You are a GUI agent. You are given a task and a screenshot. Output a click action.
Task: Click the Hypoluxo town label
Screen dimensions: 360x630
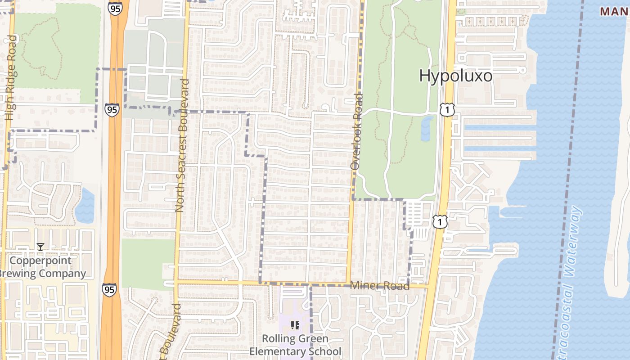[455, 76]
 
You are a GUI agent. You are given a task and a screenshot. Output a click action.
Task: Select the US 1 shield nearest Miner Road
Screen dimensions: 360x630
[440, 221]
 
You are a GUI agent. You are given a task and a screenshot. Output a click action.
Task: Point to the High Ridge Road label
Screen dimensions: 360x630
[11, 78]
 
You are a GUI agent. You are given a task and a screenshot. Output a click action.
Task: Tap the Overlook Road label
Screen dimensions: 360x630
[356, 131]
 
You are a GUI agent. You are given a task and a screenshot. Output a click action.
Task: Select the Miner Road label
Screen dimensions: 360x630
[379, 286]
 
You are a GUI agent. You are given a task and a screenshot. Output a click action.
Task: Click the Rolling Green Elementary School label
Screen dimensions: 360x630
[295, 345]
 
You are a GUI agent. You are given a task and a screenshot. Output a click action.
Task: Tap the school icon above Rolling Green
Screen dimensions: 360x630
[295, 325]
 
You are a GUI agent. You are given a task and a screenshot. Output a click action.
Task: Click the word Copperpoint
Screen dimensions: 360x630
[40, 261]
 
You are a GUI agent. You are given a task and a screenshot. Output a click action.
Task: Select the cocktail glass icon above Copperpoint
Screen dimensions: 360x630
[40, 247]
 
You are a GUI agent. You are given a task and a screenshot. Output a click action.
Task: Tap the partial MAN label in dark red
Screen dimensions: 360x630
[615, 12]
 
